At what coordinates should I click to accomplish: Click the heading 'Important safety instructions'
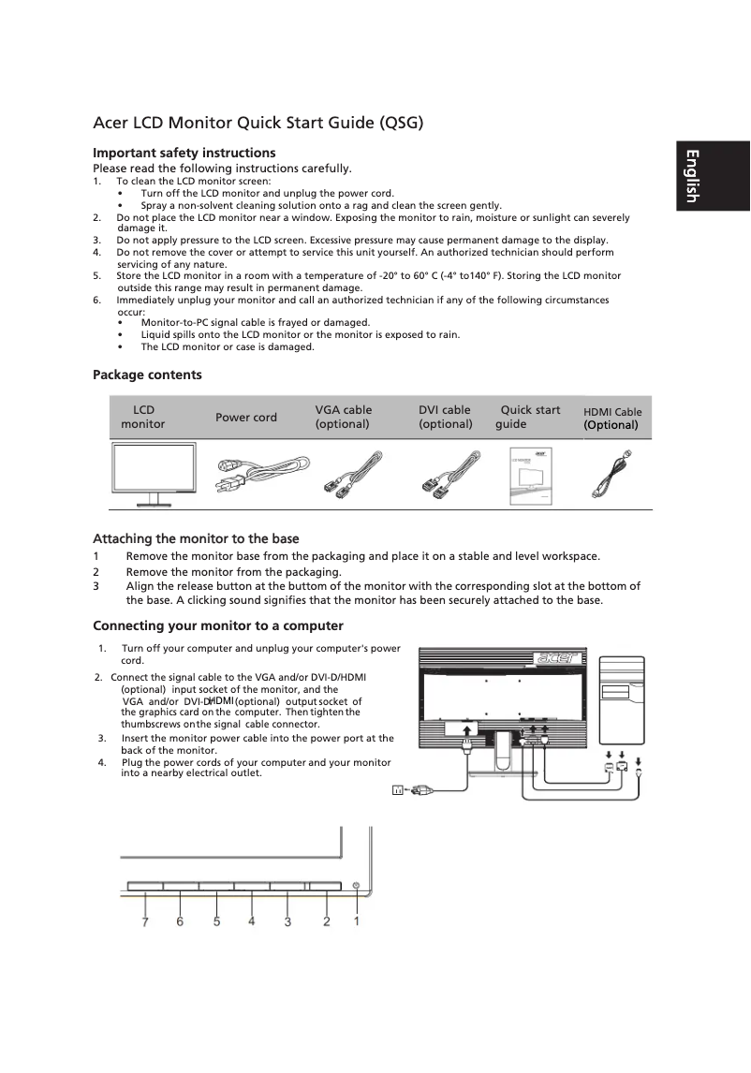[x=184, y=153]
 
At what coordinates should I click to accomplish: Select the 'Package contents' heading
[x=147, y=375]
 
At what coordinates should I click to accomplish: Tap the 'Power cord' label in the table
[x=246, y=418]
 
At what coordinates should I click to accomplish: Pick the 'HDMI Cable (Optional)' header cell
[x=612, y=418]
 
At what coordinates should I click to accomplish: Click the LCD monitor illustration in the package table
[x=155, y=473]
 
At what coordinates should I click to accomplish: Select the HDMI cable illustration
[x=613, y=475]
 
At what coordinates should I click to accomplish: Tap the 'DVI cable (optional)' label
[x=445, y=417]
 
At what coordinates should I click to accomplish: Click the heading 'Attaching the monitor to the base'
[x=196, y=538]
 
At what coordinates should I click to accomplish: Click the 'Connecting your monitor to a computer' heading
[x=218, y=625]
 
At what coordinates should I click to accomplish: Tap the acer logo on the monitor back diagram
[x=555, y=657]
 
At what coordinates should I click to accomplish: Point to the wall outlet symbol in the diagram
[x=398, y=790]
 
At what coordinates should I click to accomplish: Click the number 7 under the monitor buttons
[x=145, y=921]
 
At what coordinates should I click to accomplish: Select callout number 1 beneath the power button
[x=357, y=921]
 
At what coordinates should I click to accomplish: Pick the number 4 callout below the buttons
[x=252, y=921]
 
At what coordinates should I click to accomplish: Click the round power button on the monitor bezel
[x=357, y=885]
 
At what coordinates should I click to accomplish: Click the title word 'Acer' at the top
[x=110, y=123]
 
